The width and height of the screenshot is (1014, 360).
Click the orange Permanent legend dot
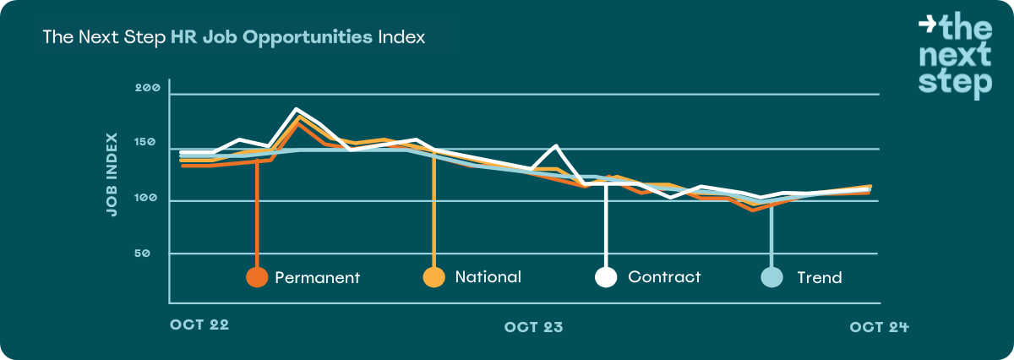click(x=256, y=277)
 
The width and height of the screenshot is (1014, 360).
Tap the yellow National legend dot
click(x=434, y=277)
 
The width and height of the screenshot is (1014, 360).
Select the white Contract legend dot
click(x=606, y=277)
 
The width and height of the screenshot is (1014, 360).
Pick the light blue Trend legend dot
click(x=771, y=277)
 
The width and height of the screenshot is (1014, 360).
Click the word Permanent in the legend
click(x=318, y=277)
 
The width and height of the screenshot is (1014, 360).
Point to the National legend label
click(x=488, y=276)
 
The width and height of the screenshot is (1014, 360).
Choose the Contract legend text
click(x=664, y=276)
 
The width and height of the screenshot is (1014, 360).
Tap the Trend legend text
click(x=820, y=277)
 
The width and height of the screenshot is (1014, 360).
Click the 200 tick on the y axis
click(x=147, y=89)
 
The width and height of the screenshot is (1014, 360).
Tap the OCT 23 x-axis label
click(x=533, y=326)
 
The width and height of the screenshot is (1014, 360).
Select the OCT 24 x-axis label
click(x=879, y=326)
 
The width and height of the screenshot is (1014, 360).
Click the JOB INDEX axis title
click(x=112, y=175)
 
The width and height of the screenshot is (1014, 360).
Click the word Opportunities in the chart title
click(x=300, y=38)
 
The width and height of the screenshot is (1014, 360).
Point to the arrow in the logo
click(x=927, y=25)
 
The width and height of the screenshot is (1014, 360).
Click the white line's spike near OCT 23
click(x=556, y=146)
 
